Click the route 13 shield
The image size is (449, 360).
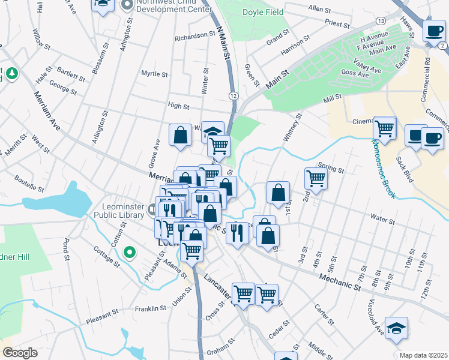[x=381, y=21]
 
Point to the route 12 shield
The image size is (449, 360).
[x=234, y=95]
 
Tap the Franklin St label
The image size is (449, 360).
[x=150, y=308]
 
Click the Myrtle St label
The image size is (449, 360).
[x=154, y=74]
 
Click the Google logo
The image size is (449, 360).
[x=20, y=353]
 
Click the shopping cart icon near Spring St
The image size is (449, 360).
[x=316, y=178]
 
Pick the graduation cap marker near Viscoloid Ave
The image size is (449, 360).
[x=396, y=328]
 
